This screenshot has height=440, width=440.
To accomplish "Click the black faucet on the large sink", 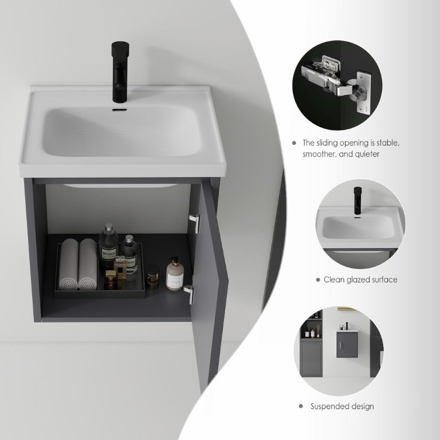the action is (120, 72).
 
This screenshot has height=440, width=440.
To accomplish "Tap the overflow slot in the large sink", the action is (120, 110).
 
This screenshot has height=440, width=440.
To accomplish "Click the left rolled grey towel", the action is (69, 264).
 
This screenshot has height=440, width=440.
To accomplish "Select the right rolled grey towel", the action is (88, 264).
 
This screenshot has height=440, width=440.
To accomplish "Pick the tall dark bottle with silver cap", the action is (108, 246).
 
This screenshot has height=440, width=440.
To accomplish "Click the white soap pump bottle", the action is (175, 274).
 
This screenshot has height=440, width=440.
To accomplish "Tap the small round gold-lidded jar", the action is (152, 277).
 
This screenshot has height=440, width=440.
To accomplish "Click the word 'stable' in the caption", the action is (388, 143).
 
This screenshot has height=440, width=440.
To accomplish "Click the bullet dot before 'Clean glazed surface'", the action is (318, 280).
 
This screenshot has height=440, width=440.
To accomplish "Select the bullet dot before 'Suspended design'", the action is (301, 406).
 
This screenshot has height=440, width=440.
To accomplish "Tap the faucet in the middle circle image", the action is (357, 202).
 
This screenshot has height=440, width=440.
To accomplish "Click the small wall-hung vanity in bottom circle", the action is (347, 344).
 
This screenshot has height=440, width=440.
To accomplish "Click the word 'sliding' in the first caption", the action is (327, 143).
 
